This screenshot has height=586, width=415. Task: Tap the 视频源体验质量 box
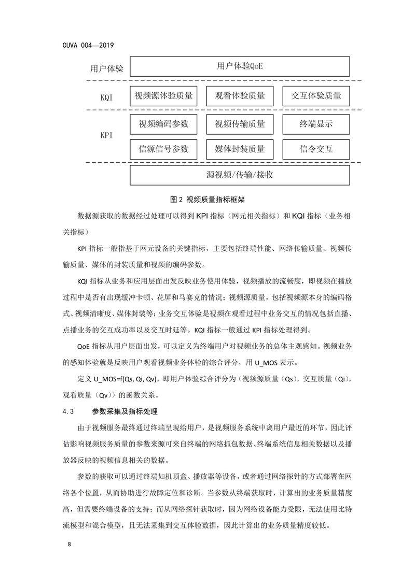tap(163, 96)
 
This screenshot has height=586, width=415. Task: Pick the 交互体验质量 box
tap(316, 96)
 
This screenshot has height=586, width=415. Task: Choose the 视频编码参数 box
tap(163, 124)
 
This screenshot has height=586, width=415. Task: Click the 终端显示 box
tap(316, 124)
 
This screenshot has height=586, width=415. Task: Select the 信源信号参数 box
tap(163, 149)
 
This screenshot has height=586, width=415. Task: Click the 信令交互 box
tap(316, 149)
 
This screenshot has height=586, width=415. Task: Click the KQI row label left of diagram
tap(109, 96)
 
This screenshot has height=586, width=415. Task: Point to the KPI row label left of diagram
tap(109, 136)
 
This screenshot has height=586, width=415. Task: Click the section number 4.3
tap(69, 411)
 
